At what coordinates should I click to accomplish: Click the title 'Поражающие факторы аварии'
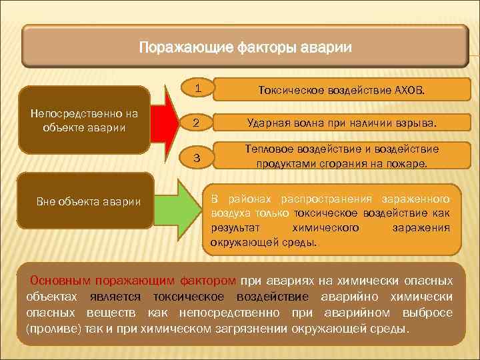[x=245, y=48]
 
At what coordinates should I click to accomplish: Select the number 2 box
[x=196, y=123]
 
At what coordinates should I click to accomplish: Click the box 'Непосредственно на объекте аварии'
[x=84, y=120]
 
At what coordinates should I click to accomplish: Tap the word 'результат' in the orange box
[x=233, y=228]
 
